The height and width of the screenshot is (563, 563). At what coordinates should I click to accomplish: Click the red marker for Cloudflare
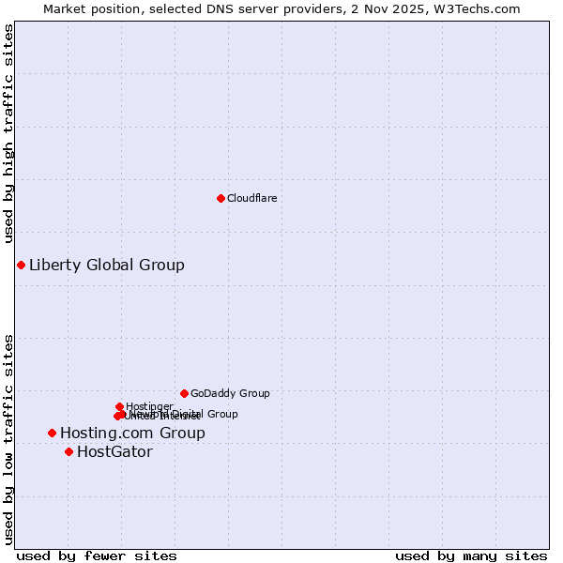[221, 198]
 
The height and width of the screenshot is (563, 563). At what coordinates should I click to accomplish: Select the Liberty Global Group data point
[21, 265]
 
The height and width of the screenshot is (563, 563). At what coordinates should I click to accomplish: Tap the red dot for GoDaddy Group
[184, 393]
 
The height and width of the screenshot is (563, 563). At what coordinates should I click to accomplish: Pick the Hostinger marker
[119, 406]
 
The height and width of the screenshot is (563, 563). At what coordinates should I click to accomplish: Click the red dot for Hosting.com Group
[52, 433]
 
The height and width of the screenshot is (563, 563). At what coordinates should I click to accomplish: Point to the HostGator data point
[68, 451]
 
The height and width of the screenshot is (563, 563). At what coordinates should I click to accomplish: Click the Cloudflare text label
[251, 198]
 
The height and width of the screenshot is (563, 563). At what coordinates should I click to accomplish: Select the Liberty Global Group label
[106, 265]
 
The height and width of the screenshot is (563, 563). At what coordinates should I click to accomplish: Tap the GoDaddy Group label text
[229, 393]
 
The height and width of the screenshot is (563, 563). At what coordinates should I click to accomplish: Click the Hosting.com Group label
[131, 433]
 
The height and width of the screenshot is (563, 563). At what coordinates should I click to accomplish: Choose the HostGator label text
[114, 451]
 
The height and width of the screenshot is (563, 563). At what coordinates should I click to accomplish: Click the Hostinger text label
[149, 405]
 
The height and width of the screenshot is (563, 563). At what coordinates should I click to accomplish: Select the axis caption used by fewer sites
[97, 555]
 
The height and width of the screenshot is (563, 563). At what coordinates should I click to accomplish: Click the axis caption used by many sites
[471, 555]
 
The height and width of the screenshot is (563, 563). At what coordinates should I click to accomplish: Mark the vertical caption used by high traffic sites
[8, 134]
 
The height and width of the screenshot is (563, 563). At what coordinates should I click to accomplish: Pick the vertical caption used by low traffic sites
[8, 438]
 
